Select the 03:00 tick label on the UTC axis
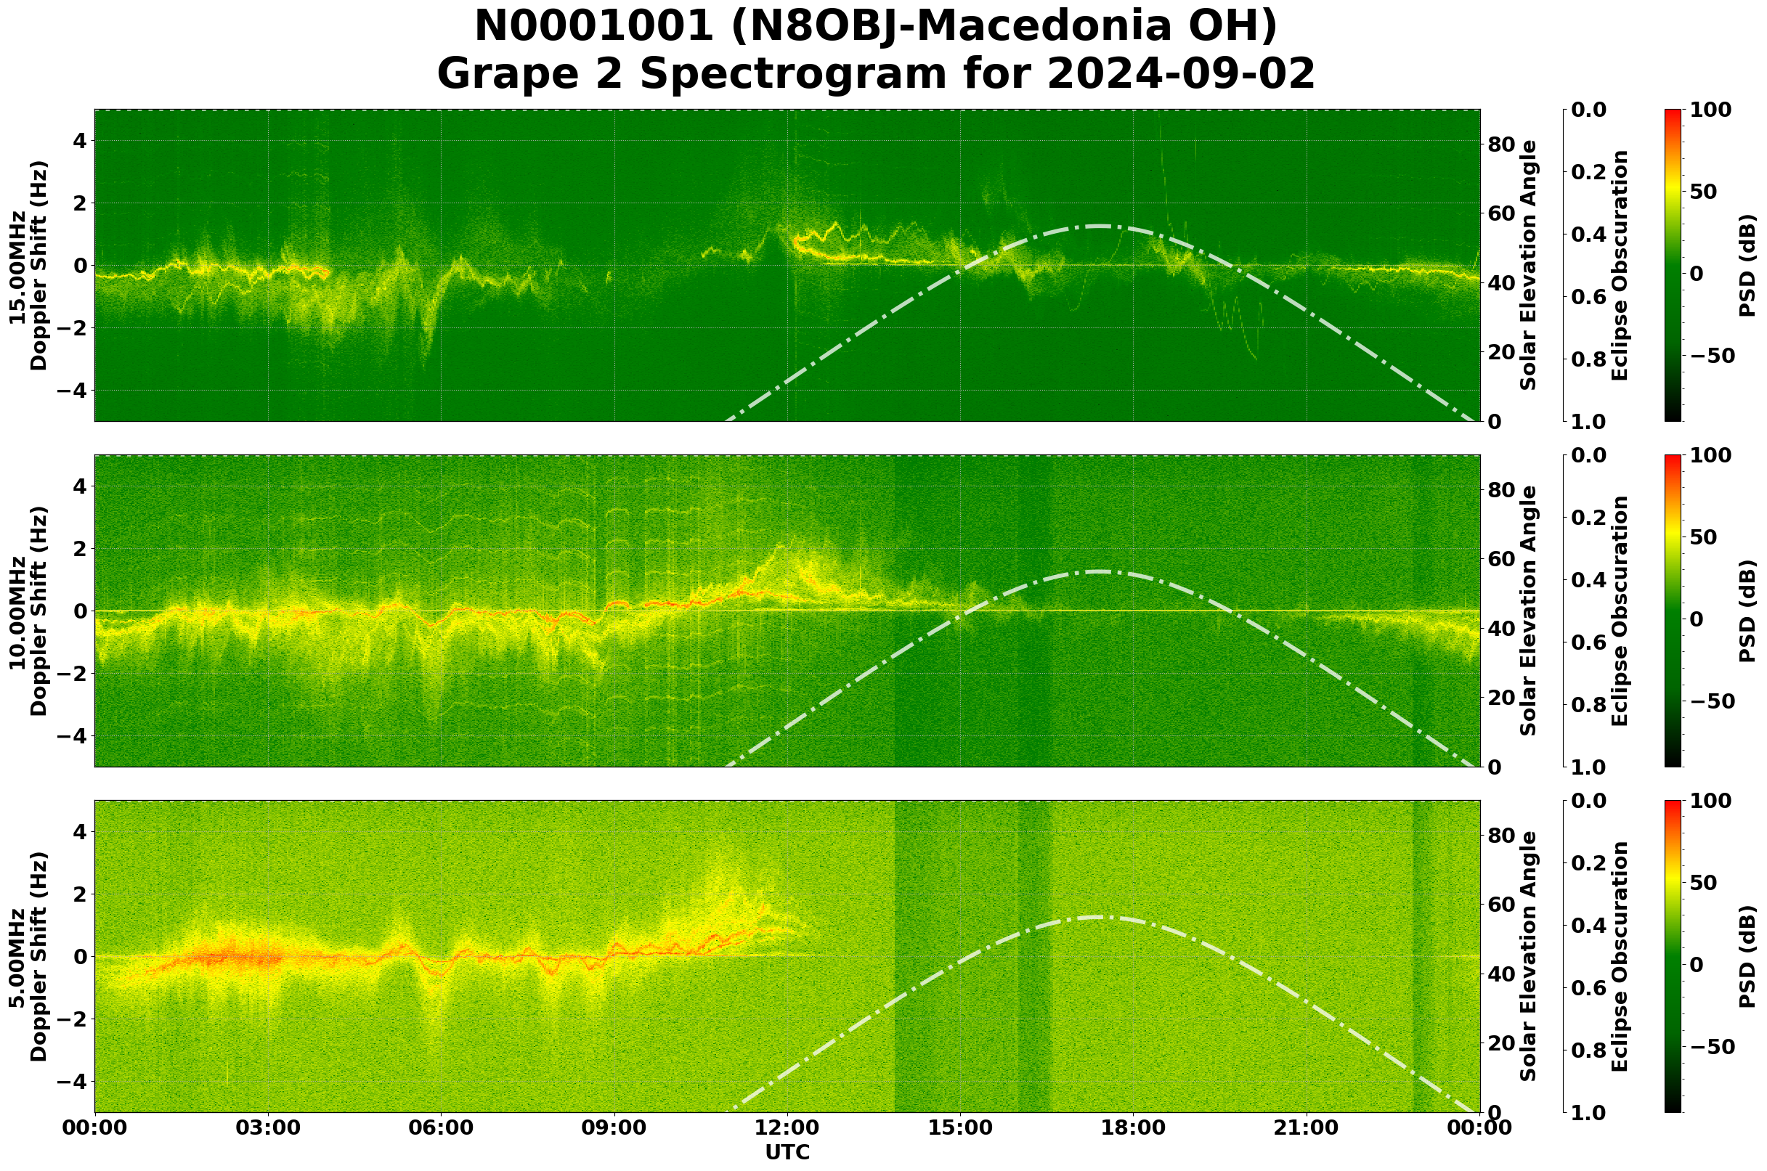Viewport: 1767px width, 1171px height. [267, 1127]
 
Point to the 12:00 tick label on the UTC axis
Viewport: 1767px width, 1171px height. [787, 1127]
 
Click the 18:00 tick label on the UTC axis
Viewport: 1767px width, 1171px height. [1134, 1127]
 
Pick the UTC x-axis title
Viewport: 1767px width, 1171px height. [787, 1152]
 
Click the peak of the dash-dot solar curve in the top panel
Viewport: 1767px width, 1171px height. [1099, 226]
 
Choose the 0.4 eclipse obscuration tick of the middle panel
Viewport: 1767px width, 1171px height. [1593, 580]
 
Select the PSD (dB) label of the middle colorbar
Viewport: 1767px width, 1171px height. [1747, 611]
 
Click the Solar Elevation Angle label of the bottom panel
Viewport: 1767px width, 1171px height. [1529, 957]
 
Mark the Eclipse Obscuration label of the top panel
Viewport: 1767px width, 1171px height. [1620, 266]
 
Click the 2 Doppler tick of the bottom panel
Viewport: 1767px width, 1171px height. [79, 894]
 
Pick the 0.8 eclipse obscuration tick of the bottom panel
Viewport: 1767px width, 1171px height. [1593, 1050]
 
